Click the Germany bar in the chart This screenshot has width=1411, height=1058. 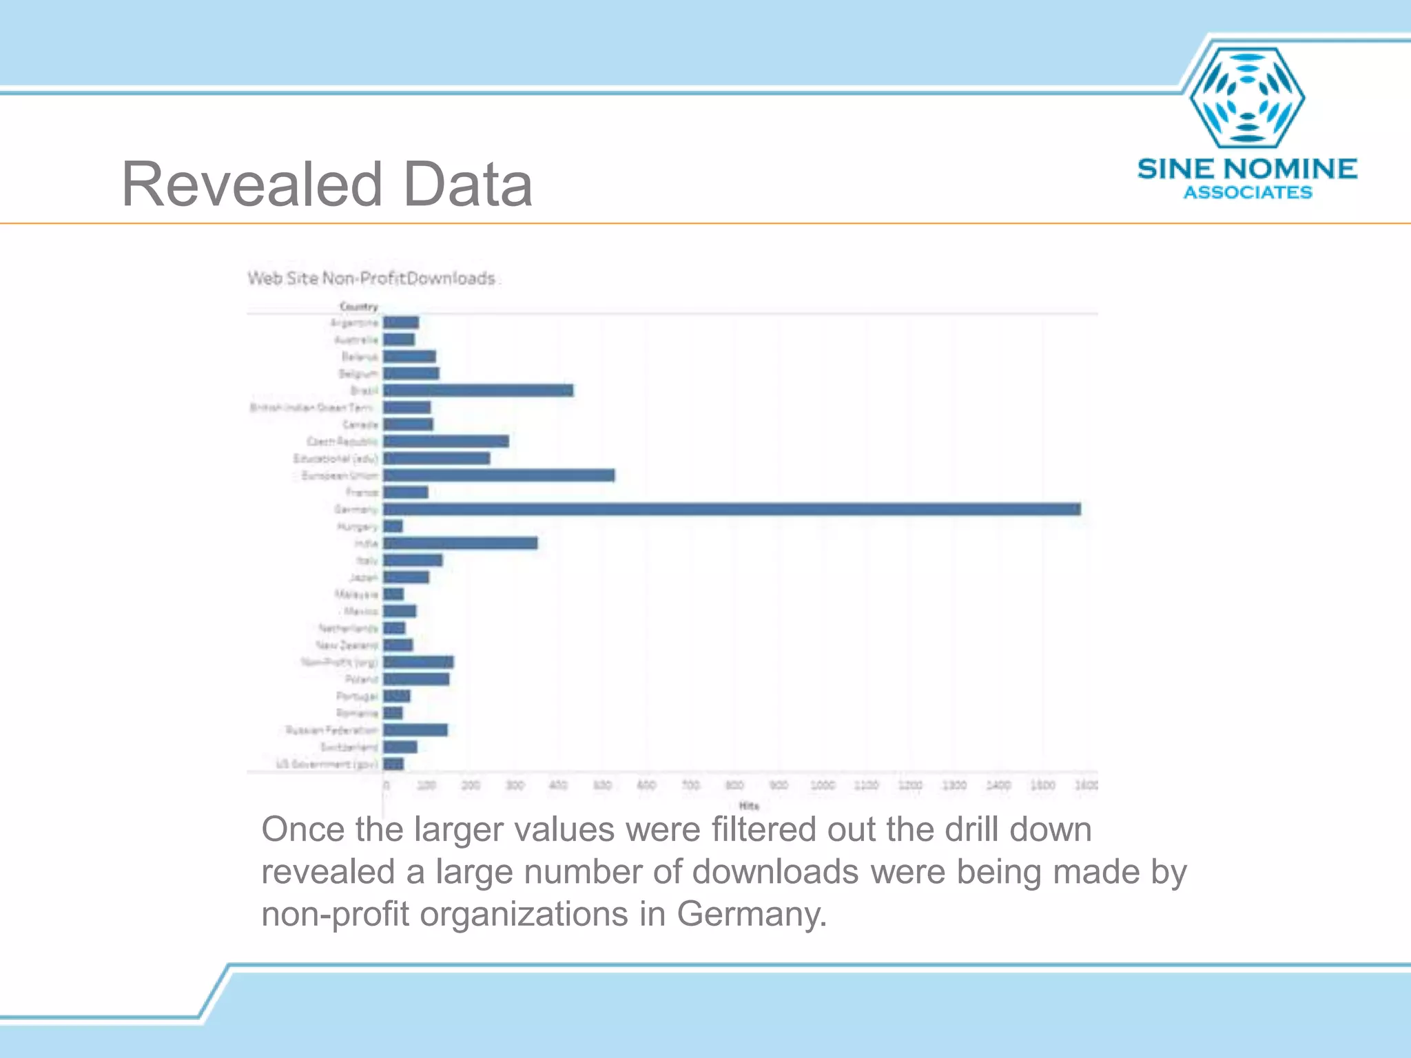click(732, 509)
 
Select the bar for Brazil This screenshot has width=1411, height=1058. click(478, 391)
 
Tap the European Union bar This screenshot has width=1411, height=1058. click(499, 475)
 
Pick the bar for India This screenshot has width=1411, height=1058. click(460, 543)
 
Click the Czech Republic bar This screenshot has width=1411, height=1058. click(446, 442)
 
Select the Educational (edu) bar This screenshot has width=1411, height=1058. click(437, 458)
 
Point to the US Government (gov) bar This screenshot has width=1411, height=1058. click(393, 764)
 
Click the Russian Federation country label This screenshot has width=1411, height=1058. click(332, 730)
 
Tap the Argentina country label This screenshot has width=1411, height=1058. click(354, 322)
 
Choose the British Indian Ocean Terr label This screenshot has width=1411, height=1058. click(311, 408)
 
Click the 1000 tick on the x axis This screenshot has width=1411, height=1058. click(823, 785)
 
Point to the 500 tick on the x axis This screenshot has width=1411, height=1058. click(602, 785)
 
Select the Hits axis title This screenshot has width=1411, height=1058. click(749, 805)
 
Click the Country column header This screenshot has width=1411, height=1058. click(359, 307)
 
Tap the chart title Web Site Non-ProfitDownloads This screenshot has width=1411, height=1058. click(371, 278)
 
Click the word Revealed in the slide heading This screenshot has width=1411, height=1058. click(251, 185)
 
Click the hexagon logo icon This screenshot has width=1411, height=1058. click(1247, 97)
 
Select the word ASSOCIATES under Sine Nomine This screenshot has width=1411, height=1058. click(1248, 193)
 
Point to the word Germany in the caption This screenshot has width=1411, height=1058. click(751, 915)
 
